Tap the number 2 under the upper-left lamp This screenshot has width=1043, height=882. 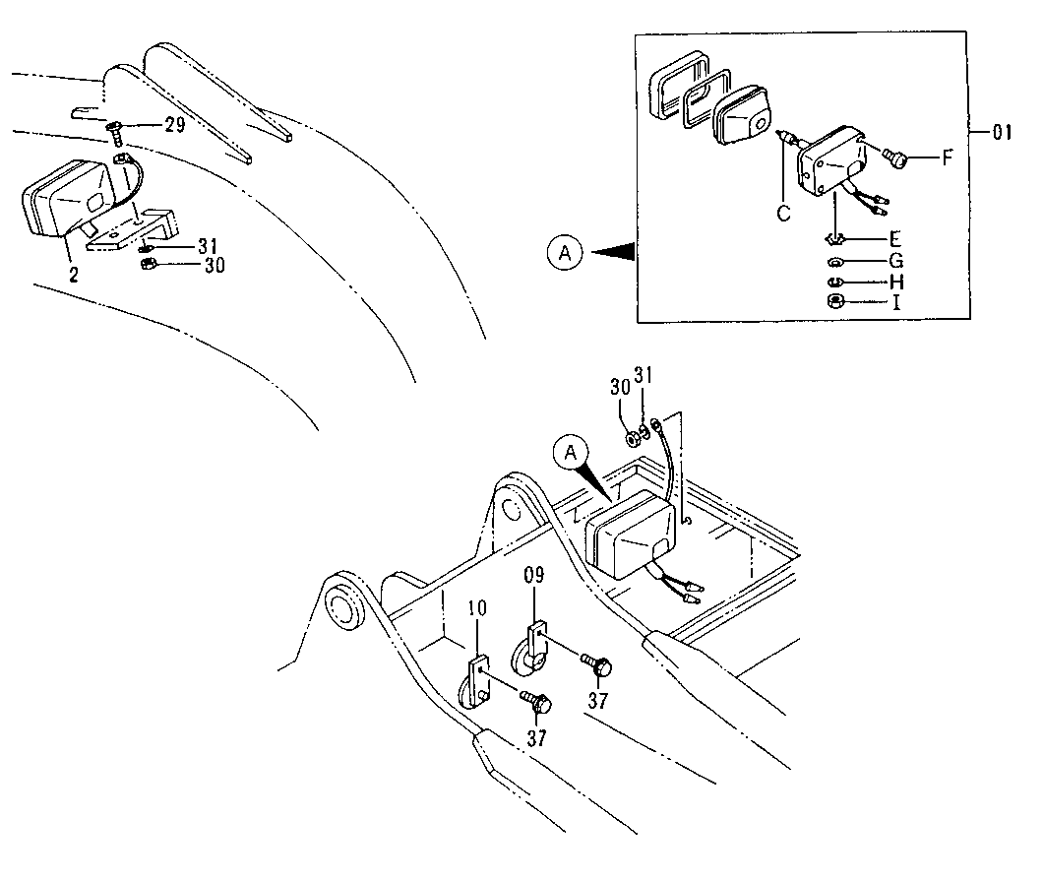pyautogui.click(x=73, y=275)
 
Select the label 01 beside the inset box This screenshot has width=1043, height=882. pyautogui.click(x=1001, y=133)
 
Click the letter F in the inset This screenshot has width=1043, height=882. pyautogui.click(x=948, y=157)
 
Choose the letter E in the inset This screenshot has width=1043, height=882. pyautogui.click(x=894, y=239)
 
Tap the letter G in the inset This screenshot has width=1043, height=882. pyautogui.click(x=895, y=261)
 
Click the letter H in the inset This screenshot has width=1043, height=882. pyautogui.click(x=895, y=282)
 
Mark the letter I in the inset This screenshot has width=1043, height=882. pyautogui.click(x=895, y=302)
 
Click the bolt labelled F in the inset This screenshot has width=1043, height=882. pyautogui.click(x=894, y=156)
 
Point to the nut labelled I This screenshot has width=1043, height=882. pyautogui.click(x=834, y=301)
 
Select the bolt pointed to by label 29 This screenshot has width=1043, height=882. pyautogui.click(x=113, y=128)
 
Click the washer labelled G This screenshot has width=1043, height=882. pyautogui.click(x=834, y=262)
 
